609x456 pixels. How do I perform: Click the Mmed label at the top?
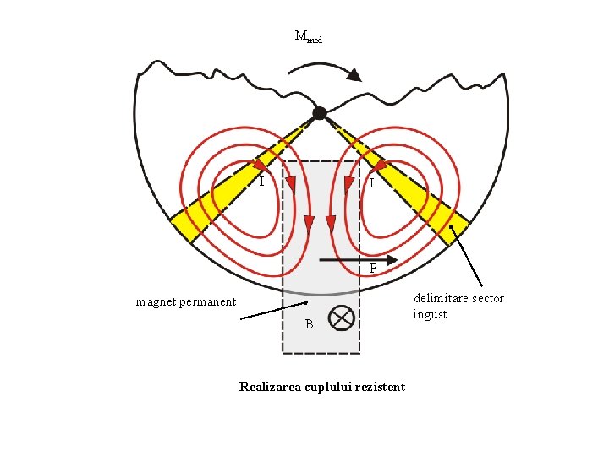[307, 36]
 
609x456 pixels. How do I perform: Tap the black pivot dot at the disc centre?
[319, 113]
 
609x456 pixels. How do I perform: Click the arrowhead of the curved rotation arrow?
[354, 75]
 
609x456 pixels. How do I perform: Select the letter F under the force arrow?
[373, 269]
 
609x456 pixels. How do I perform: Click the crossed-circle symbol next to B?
[340, 318]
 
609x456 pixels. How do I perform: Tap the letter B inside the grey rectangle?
[310, 324]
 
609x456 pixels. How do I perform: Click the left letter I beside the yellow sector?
[262, 181]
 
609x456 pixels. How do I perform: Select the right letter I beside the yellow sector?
[370, 182]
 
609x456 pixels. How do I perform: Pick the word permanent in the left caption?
[208, 302]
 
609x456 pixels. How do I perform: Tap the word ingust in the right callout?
[430, 315]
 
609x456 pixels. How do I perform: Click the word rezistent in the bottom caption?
[381, 387]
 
